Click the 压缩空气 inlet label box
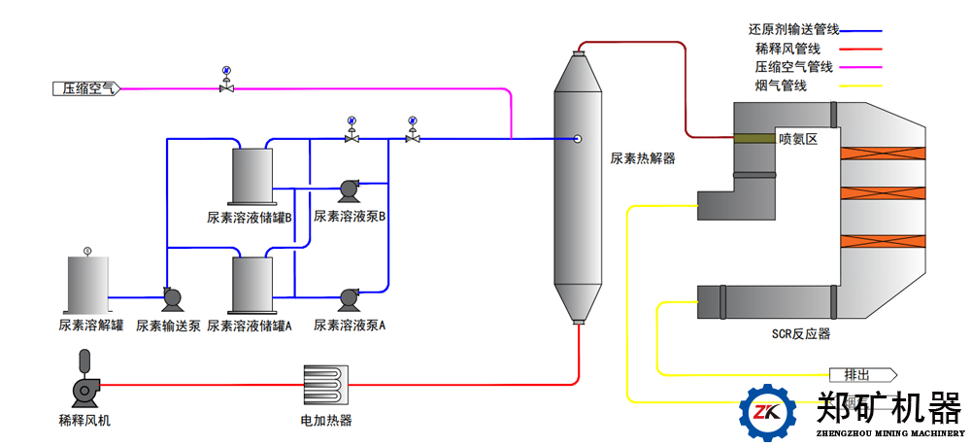pos(86,88)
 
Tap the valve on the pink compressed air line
pos(226,87)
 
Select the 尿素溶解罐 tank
pos(87,285)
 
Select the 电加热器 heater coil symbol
pos(325,387)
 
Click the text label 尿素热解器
pos(642,157)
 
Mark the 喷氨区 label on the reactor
pos(798,139)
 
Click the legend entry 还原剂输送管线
pos(793,30)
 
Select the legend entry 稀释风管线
pos(793,49)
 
